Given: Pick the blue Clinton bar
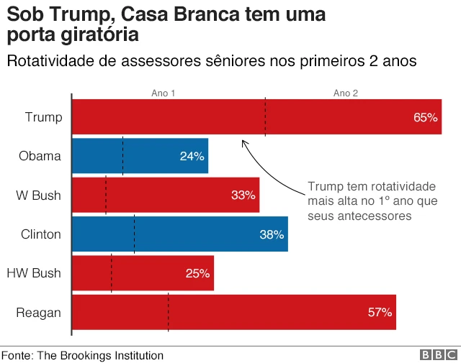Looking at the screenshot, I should (180, 234).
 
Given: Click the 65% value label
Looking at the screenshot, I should (425, 117).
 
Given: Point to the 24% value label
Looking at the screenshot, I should (192, 157).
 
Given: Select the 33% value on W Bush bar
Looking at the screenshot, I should (243, 196).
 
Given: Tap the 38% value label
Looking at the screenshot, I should (272, 234).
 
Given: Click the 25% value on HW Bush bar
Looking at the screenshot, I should (197, 273).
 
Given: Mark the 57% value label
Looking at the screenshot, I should (380, 312).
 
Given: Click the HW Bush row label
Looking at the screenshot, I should (33, 273).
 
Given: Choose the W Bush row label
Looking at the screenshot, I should (38, 196).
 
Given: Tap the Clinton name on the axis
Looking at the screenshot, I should (41, 234).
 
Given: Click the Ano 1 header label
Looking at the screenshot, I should (163, 93).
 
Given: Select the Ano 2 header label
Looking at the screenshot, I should (345, 93).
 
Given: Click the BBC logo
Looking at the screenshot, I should (438, 355).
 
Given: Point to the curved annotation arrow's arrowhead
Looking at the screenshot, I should (243, 142).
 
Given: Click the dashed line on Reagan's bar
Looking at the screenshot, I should (168, 312).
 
